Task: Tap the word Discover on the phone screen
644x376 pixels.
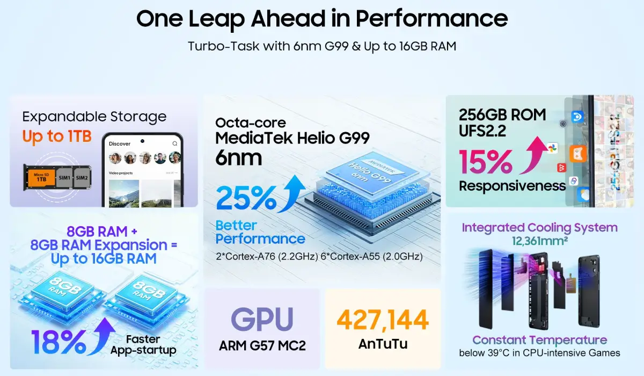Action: click(x=120, y=144)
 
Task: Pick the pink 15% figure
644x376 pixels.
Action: click(x=485, y=162)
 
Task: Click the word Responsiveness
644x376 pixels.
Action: click(x=512, y=186)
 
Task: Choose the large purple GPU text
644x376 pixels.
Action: click(x=262, y=320)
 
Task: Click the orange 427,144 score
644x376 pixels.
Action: click(x=383, y=320)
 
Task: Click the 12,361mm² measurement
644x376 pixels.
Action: click(x=539, y=241)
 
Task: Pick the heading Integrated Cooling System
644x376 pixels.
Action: click(x=539, y=228)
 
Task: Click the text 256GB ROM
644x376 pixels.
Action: click(x=502, y=114)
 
